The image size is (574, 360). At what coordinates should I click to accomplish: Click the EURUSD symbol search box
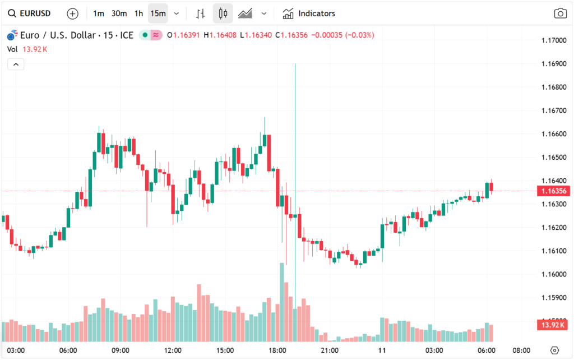pyautogui.click(x=33, y=13)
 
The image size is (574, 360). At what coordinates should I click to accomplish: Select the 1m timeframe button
pyautogui.click(x=99, y=13)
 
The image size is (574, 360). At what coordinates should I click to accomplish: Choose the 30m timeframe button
pyautogui.click(x=119, y=13)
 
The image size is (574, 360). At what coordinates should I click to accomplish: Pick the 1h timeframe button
pyautogui.click(x=138, y=13)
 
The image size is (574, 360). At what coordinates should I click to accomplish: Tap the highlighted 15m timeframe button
pyautogui.click(x=158, y=13)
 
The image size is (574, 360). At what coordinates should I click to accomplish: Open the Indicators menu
pyautogui.click(x=309, y=13)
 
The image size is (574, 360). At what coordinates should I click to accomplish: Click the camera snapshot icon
pyautogui.click(x=559, y=13)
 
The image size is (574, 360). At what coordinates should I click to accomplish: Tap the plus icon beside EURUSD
pyautogui.click(x=72, y=13)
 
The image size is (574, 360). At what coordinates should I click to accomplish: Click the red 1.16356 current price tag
pyautogui.click(x=554, y=191)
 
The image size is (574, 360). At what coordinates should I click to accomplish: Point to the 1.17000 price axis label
pyautogui.click(x=554, y=40)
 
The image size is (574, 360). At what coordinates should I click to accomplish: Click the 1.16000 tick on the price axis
pyautogui.click(x=554, y=274)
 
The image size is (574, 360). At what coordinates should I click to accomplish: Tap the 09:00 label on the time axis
pyautogui.click(x=121, y=350)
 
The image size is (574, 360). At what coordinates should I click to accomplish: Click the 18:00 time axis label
pyautogui.click(x=277, y=350)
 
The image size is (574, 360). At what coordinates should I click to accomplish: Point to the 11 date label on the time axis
pyautogui.click(x=382, y=350)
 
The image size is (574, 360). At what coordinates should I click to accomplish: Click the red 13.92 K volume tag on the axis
pyautogui.click(x=554, y=325)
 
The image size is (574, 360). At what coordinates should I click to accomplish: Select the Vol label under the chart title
pyautogui.click(x=12, y=49)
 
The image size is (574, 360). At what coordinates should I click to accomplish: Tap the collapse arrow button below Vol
pyautogui.click(x=16, y=64)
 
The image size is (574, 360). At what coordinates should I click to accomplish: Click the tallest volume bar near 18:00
pyautogui.click(x=281, y=303)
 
